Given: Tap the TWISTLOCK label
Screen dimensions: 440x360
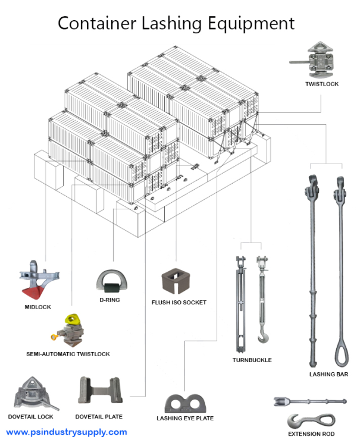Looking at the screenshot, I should click(322, 84).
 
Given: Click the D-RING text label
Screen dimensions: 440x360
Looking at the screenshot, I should click(109, 300).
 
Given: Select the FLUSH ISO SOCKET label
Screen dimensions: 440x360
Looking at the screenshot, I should click(179, 303).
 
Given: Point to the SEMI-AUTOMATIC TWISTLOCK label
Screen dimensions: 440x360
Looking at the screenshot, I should click(68, 354).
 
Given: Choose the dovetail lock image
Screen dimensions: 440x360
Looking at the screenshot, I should click(36, 392).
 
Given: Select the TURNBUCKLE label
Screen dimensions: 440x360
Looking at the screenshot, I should click(252, 360).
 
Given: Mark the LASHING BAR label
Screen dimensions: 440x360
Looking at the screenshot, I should click(328, 375).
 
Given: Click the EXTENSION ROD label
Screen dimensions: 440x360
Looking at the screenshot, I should click(311, 434).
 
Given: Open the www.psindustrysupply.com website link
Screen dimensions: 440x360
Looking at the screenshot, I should click(67, 432).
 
